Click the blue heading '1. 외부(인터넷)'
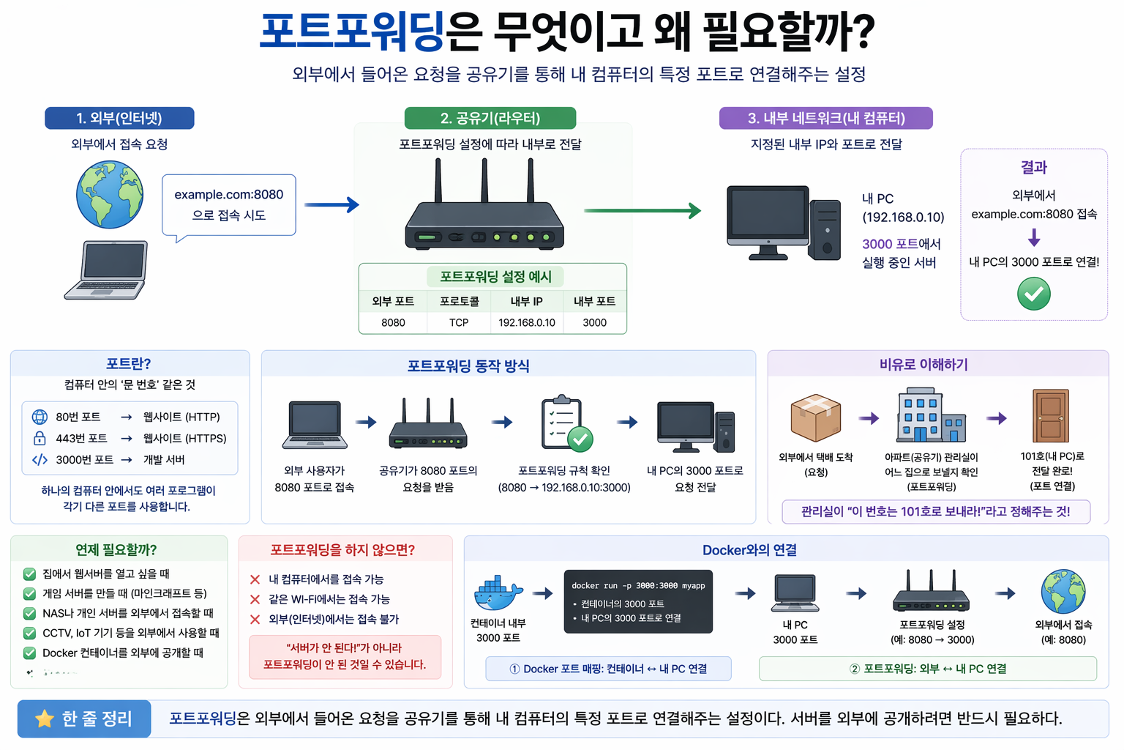click(x=119, y=118)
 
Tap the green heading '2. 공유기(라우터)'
click(x=490, y=118)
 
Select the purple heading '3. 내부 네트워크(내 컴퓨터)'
click(x=825, y=118)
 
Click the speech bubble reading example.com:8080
click(x=228, y=205)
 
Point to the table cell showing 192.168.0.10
click(x=526, y=322)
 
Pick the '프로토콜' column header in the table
click(x=459, y=301)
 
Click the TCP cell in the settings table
click(x=459, y=322)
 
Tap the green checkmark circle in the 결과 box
click(x=1033, y=294)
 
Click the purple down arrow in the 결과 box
click(x=1033, y=237)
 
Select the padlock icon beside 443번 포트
click(x=40, y=438)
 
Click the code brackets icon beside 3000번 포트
click(x=40, y=459)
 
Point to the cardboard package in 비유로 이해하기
click(x=815, y=417)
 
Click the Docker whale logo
click(x=498, y=593)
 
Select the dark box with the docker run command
click(x=638, y=601)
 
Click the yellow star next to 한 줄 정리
click(x=45, y=719)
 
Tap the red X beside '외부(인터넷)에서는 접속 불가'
click(x=255, y=620)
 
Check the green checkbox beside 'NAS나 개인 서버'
click(x=29, y=613)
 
